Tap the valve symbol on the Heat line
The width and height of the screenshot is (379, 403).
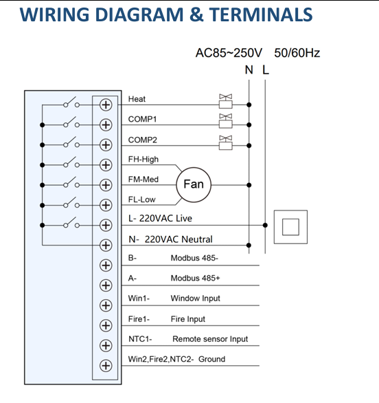pyautogui.click(x=226, y=101)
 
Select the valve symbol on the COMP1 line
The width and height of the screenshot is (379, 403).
pyautogui.click(x=226, y=121)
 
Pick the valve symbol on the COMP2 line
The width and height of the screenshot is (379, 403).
pyautogui.click(x=226, y=142)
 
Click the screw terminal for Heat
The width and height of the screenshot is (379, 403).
pyautogui.click(x=106, y=105)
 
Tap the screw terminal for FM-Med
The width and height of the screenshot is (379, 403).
pyautogui.click(x=106, y=185)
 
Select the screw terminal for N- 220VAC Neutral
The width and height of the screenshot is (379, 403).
pyautogui.click(x=106, y=246)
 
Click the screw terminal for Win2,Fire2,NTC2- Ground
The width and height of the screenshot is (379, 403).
pyautogui.click(x=106, y=365)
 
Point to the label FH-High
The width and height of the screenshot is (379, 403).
pyautogui.click(x=143, y=160)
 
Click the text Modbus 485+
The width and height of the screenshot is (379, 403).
pyautogui.click(x=195, y=278)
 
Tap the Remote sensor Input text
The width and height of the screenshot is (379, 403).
pyautogui.click(x=210, y=339)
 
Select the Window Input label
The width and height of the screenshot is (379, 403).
pyautogui.click(x=195, y=298)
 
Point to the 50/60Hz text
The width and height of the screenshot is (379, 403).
pyautogui.click(x=297, y=53)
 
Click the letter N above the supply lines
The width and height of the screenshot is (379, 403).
pyautogui.click(x=249, y=70)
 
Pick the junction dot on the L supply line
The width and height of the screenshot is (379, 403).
pyautogui.click(x=265, y=225)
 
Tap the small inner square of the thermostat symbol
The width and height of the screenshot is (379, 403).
pyautogui.click(x=290, y=227)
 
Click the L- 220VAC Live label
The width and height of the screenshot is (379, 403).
pyautogui.click(x=160, y=219)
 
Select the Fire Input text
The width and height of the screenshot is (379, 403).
pyautogui.click(x=188, y=319)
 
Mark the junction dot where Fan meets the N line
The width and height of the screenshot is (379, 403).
pyautogui.click(x=249, y=185)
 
